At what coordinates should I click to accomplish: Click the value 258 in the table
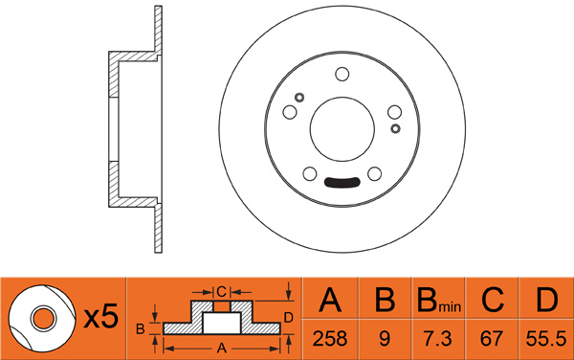(x=329, y=339)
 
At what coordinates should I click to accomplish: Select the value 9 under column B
(x=385, y=339)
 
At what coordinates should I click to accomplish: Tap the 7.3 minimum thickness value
(x=437, y=339)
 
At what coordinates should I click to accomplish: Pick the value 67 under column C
(x=492, y=339)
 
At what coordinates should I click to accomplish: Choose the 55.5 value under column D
(x=546, y=339)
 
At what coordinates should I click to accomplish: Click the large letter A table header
(x=330, y=300)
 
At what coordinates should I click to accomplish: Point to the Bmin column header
(x=439, y=300)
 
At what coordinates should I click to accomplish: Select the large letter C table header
(x=493, y=300)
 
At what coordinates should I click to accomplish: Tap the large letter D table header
(x=546, y=300)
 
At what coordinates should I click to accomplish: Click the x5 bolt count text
(x=100, y=317)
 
